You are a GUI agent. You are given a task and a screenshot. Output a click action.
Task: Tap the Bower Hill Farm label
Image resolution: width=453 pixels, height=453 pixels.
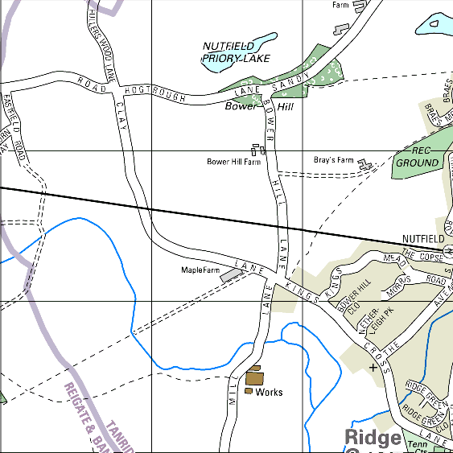point(233,162)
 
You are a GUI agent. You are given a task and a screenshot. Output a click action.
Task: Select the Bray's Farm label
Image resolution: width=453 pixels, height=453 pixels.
point(333,160)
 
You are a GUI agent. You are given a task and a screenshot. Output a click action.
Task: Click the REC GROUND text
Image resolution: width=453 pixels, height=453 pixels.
point(417,157)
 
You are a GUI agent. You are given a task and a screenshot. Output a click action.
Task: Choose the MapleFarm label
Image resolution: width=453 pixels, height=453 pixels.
point(200,270)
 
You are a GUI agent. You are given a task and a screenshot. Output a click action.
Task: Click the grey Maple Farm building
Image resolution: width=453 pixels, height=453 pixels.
point(231,274)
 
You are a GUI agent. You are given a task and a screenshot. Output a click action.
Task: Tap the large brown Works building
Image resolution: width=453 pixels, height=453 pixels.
point(255,377)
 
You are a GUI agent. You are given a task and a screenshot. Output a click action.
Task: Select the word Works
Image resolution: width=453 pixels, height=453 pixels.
point(269,393)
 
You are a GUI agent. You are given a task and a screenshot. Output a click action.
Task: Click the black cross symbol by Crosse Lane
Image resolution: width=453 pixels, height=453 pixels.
point(373,367)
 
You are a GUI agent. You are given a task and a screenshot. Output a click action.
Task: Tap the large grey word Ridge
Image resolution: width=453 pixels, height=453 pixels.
point(373,438)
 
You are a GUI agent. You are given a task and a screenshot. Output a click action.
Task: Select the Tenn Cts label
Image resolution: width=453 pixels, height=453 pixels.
point(418,446)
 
